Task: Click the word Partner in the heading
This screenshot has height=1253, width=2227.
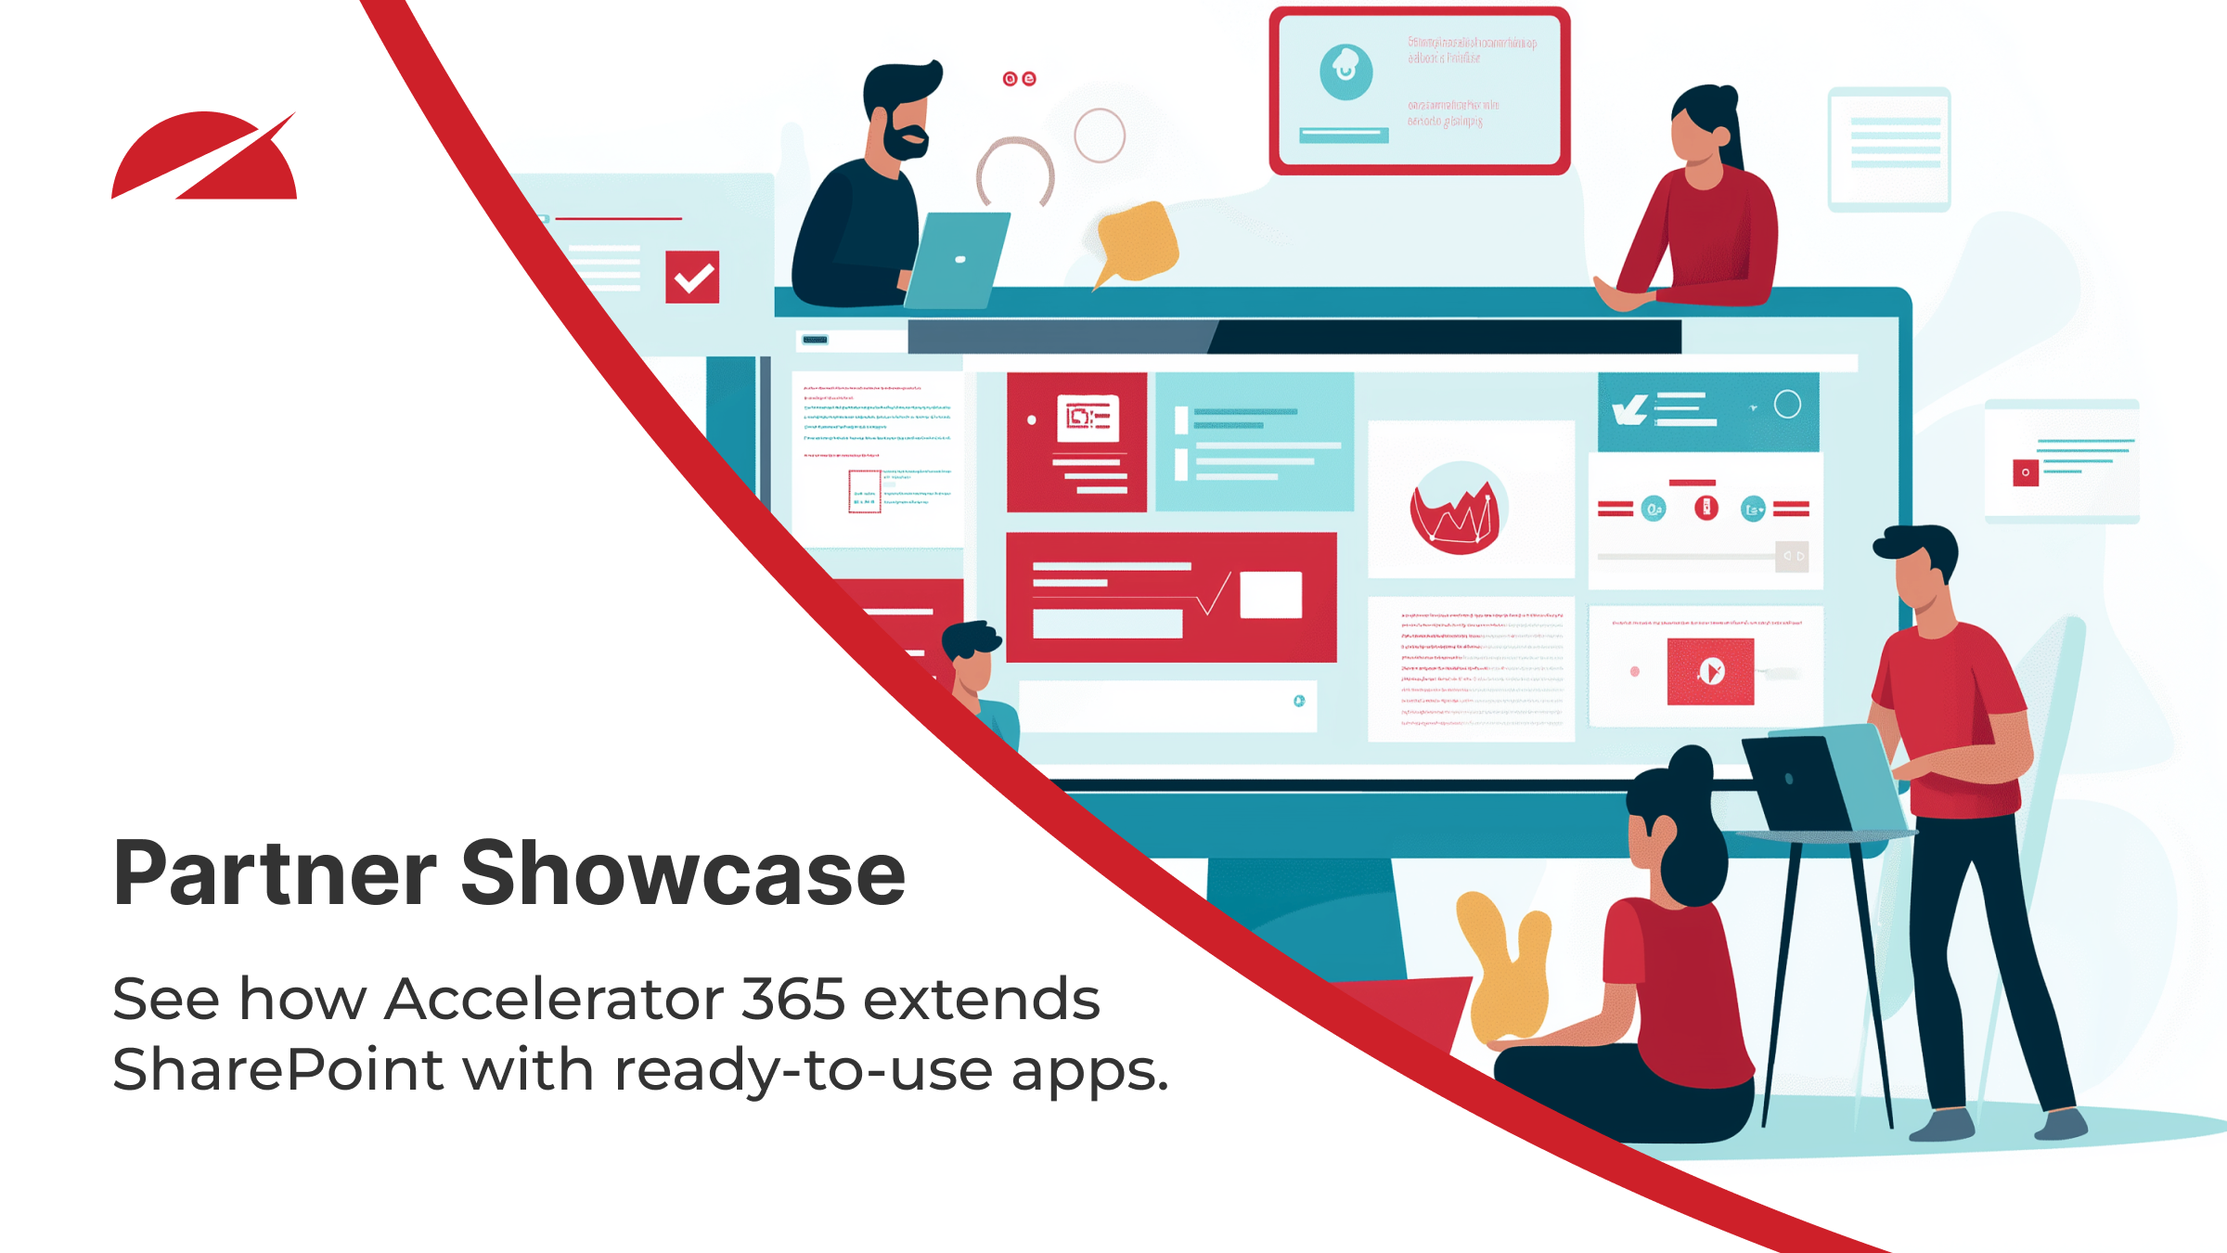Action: click(x=275, y=874)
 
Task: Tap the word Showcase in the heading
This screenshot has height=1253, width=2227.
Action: click(x=682, y=874)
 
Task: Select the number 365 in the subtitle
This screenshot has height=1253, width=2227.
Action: click(x=793, y=1000)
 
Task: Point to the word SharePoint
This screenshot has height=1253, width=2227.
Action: click(x=277, y=1069)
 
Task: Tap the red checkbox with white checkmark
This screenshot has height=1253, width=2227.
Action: click(x=692, y=277)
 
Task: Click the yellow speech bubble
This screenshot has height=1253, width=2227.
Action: click(x=1138, y=241)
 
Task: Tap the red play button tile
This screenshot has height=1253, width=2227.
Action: click(x=1710, y=671)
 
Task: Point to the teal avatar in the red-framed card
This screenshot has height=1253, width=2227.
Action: click(x=1345, y=71)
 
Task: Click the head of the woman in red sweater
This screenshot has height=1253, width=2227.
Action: click(x=1703, y=125)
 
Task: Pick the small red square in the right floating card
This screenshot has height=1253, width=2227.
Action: click(x=2025, y=472)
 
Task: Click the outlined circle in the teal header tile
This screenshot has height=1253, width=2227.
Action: click(x=1787, y=405)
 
